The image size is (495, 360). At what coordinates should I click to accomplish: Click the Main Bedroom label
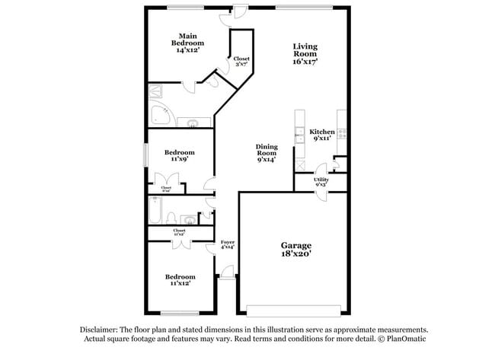tap(190, 43)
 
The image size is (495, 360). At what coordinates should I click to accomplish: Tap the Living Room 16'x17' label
tap(305, 54)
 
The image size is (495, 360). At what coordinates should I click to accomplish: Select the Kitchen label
tap(321, 135)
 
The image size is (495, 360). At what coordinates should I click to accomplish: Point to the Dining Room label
tap(266, 152)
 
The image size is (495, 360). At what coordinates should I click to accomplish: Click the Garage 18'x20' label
tap(295, 250)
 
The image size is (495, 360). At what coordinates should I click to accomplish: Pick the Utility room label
tap(321, 182)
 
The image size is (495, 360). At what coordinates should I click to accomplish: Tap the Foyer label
tap(227, 244)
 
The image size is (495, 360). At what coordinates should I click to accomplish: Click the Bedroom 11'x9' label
tap(180, 155)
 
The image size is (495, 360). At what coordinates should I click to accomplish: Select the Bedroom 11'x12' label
tap(180, 279)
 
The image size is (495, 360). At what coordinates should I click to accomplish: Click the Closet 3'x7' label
tap(241, 62)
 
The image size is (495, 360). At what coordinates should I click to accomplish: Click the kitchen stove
tap(343, 134)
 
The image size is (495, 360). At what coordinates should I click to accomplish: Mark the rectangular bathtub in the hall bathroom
tap(155, 212)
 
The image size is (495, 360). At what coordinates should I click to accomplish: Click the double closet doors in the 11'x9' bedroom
tap(167, 182)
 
